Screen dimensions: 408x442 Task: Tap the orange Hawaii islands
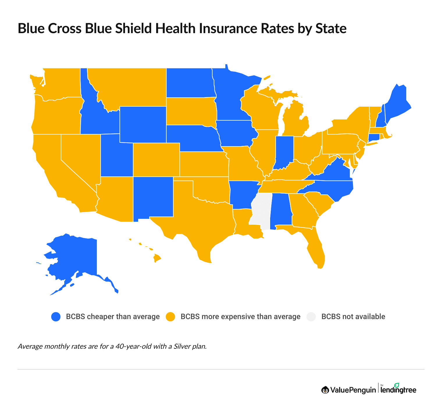coord(157,257)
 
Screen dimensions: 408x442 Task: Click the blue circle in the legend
coord(56,317)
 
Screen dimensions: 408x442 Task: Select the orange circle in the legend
coord(170,317)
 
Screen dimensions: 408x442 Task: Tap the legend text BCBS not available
coord(353,317)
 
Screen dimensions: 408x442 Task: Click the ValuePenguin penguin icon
coord(325,390)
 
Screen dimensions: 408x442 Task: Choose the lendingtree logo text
coord(398,390)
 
